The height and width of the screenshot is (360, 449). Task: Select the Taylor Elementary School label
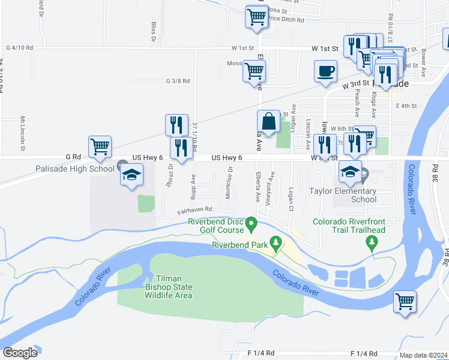click(x=343, y=195)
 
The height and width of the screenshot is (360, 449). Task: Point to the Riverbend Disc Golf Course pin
click(x=253, y=226)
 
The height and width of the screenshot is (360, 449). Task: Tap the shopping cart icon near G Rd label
click(x=100, y=146)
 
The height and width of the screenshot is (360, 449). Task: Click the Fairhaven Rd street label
click(x=194, y=210)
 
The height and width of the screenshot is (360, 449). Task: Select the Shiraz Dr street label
click(x=171, y=175)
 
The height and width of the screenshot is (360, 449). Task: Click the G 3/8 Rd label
click(x=178, y=80)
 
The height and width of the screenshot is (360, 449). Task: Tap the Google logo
click(x=20, y=353)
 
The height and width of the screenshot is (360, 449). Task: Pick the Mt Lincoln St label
click(x=22, y=133)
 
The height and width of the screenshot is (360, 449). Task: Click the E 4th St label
click(x=406, y=106)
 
